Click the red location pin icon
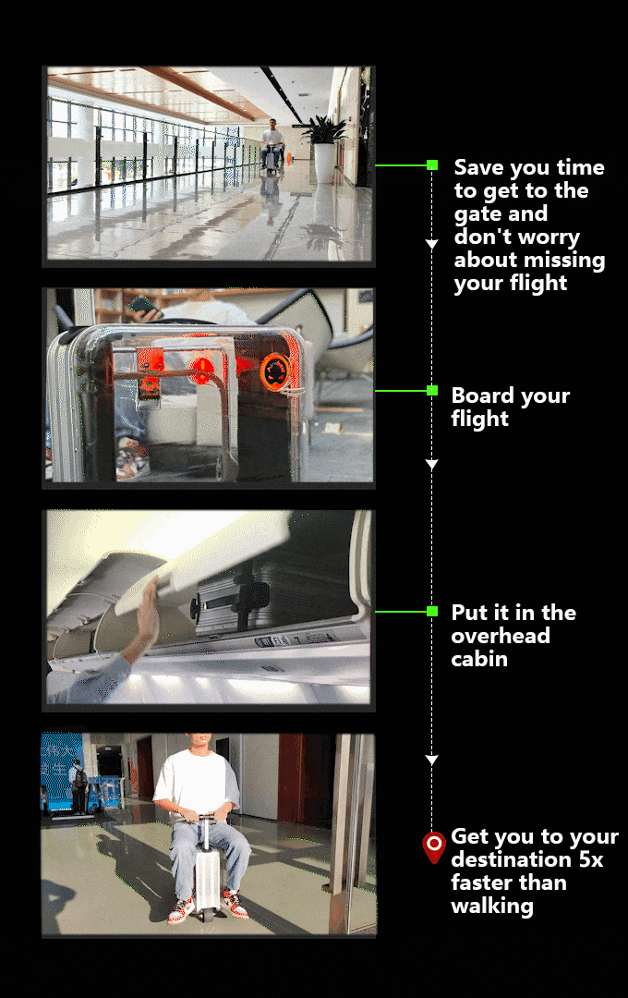[434, 847]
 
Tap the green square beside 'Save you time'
[432, 165]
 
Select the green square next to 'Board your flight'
[432, 390]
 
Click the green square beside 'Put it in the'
[432, 611]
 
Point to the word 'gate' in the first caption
[477, 214]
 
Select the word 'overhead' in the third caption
[501, 635]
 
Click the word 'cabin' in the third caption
[479, 659]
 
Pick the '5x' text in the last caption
[590, 860]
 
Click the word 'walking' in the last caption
[492, 907]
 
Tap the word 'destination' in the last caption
[512, 860]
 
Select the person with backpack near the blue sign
[78, 786]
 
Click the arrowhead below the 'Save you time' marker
[432, 244]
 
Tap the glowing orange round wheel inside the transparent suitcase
[275, 371]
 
